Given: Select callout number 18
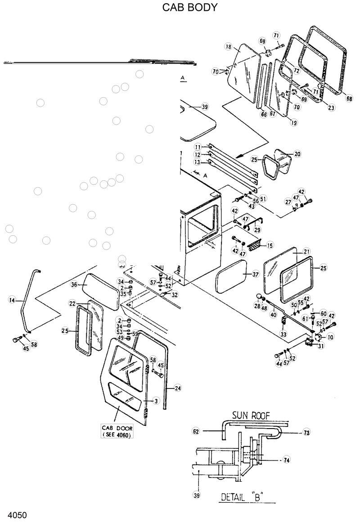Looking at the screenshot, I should [x=228, y=47].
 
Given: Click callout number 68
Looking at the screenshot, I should [x=349, y=98].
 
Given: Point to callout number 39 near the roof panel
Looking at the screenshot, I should [x=205, y=107].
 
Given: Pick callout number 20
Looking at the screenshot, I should [x=297, y=154].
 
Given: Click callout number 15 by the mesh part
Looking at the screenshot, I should [x=270, y=246].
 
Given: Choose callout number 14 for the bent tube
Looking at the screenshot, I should [x=12, y=299].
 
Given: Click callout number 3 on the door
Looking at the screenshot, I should [x=156, y=400].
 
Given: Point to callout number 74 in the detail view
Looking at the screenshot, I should [x=286, y=460].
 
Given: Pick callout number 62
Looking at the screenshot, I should [x=196, y=431].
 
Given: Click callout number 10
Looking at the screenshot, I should [x=331, y=337].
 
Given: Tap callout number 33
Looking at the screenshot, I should [x=283, y=334].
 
